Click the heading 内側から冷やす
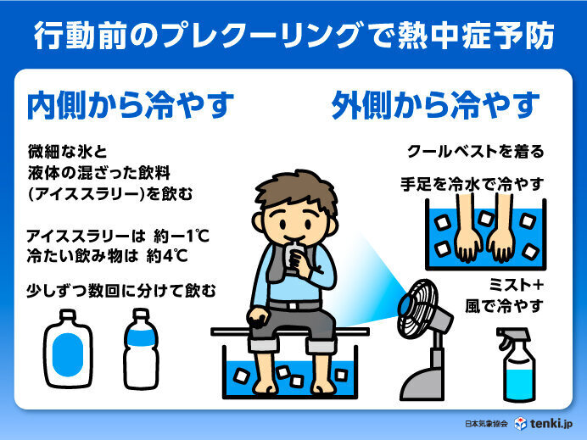(x=131, y=107)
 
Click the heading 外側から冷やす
(x=435, y=107)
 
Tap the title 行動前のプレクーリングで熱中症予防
(x=293, y=36)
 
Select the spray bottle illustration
(x=520, y=365)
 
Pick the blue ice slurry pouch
(x=69, y=347)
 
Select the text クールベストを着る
(x=475, y=153)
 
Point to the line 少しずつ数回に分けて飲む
(x=121, y=291)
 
